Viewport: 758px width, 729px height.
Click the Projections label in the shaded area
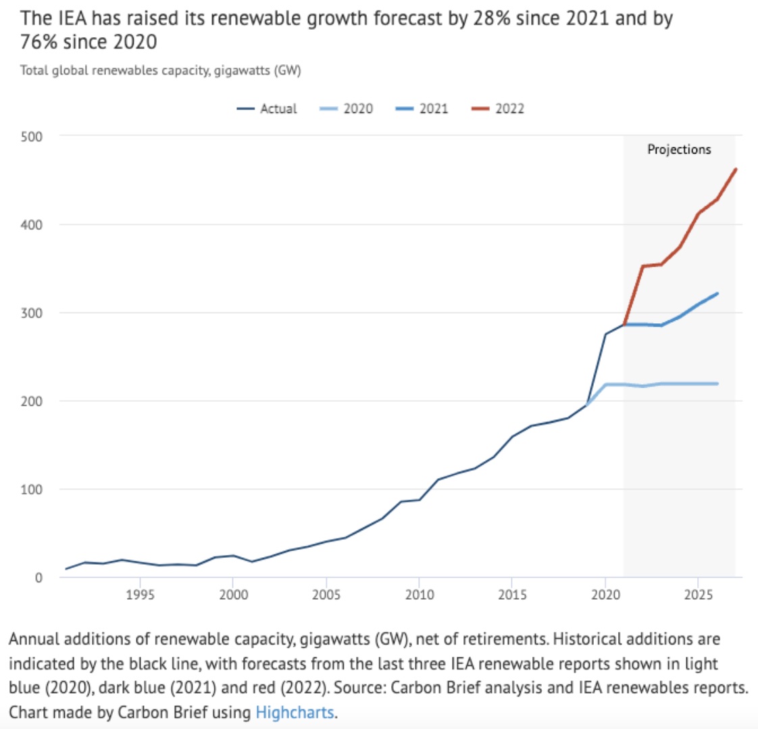click(679, 149)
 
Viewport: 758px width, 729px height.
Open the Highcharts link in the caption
click(294, 712)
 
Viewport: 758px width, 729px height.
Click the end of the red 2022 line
click(735, 169)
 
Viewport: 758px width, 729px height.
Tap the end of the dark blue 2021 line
click(717, 293)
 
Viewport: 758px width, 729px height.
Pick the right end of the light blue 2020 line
click(717, 383)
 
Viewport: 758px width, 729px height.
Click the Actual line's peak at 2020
click(605, 334)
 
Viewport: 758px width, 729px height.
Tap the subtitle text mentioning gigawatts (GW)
click(160, 70)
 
